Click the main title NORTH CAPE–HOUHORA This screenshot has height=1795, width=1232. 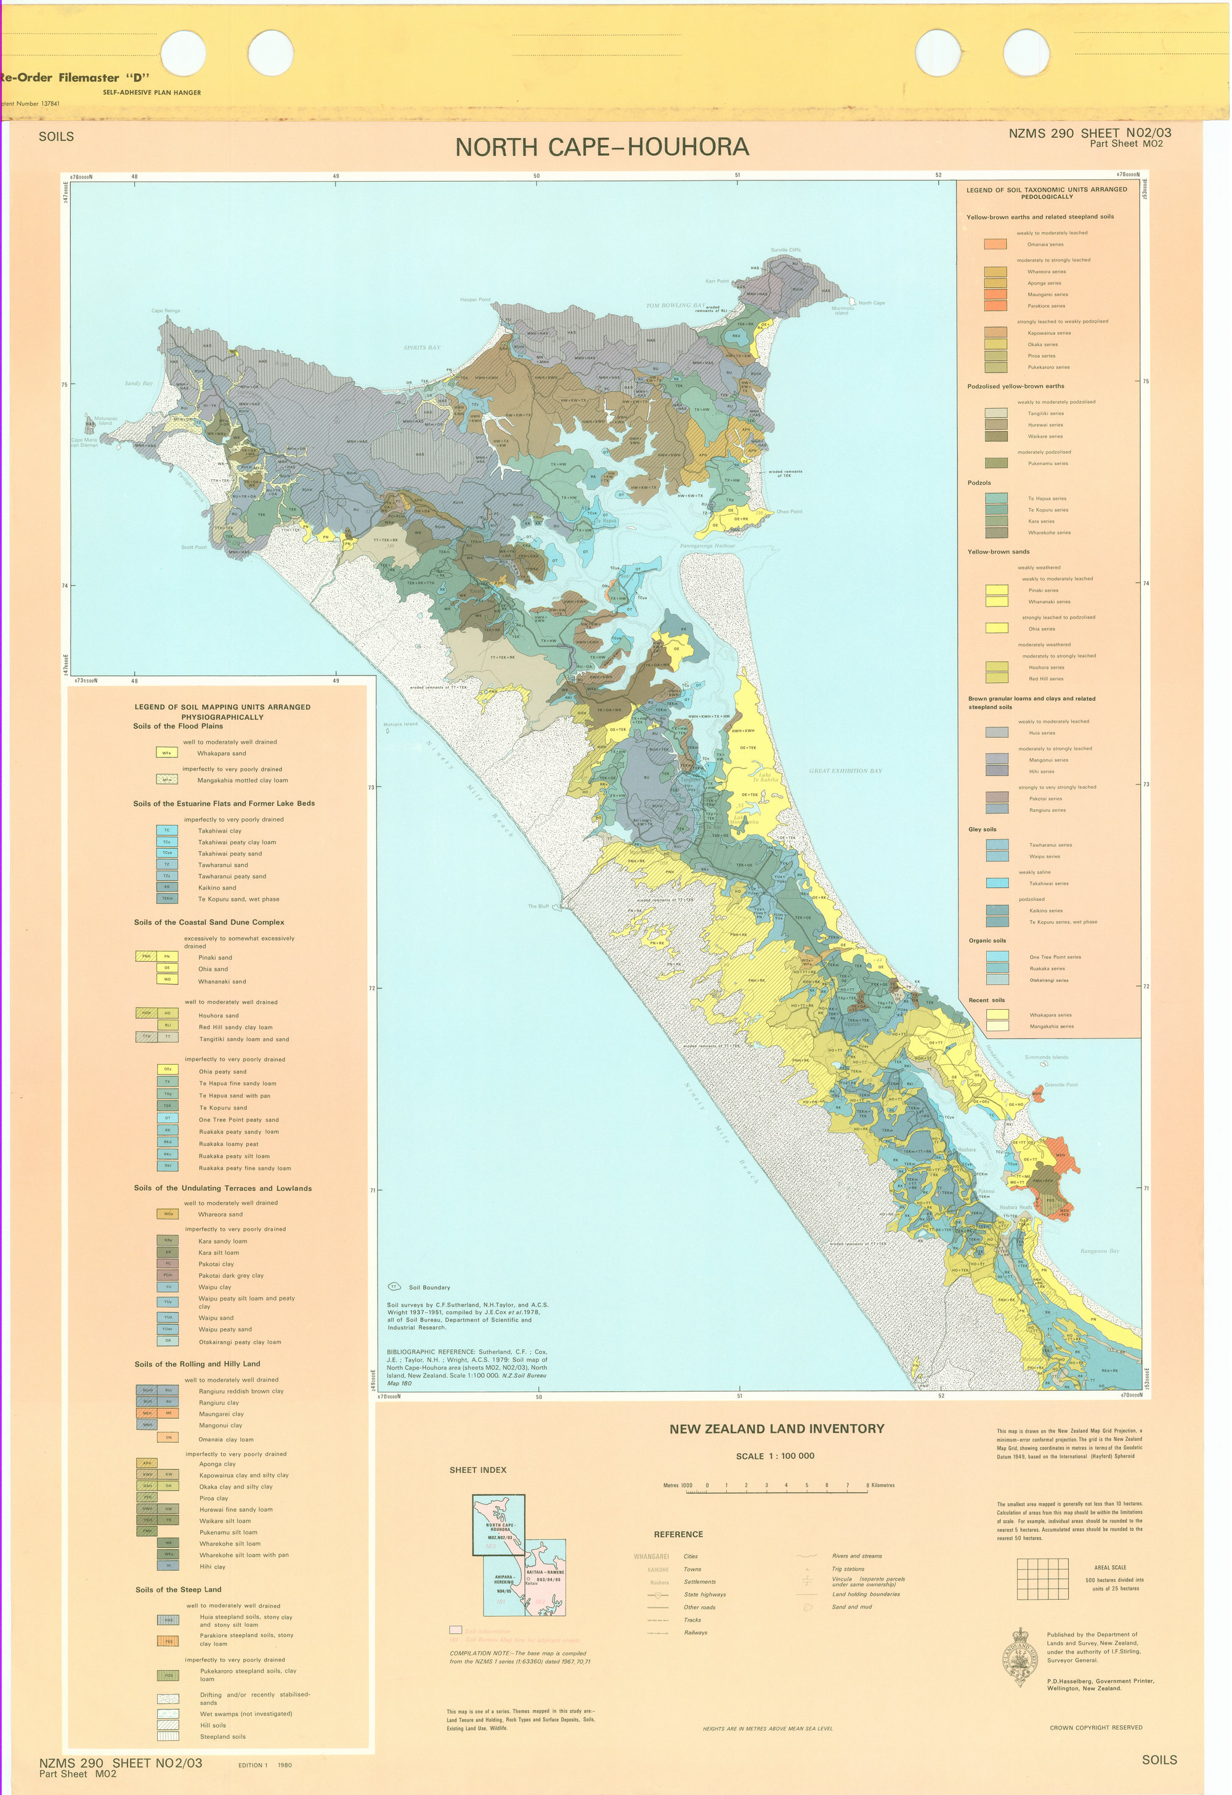tap(602, 147)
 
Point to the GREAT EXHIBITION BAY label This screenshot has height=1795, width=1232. tap(845, 770)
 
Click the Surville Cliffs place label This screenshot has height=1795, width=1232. tap(785, 249)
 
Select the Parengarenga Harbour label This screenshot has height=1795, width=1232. tap(708, 546)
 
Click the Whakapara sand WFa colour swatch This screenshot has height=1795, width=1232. tap(167, 752)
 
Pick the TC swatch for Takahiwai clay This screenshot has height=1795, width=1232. tap(167, 830)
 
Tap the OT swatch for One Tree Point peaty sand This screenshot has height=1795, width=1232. tap(167, 1118)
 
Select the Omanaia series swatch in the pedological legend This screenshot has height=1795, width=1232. tap(995, 244)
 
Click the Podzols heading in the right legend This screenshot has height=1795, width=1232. tap(979, 483)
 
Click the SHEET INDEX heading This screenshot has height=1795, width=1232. tap(477, 1470)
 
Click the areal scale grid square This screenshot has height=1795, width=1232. tap(1043, 1578)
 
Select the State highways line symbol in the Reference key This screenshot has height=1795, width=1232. tap(657, 1595)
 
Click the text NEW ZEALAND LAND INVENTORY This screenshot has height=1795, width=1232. tap(776, 1429)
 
